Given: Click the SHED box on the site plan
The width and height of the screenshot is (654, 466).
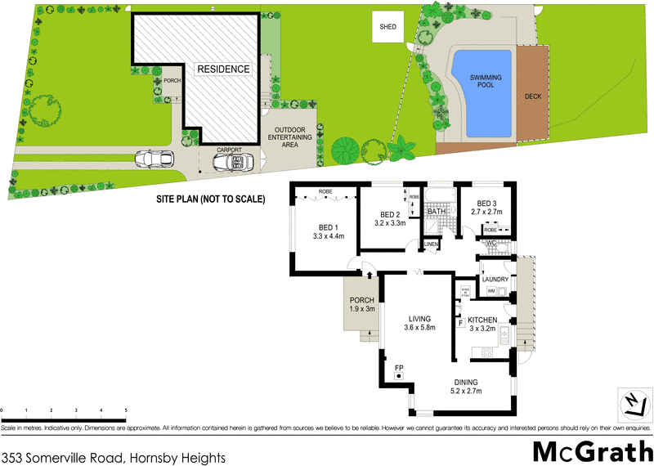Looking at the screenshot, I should pos(388,27).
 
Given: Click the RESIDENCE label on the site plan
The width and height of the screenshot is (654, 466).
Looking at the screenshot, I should pos(222,69).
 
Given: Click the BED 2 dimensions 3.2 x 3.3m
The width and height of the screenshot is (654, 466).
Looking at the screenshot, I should pos(389,222).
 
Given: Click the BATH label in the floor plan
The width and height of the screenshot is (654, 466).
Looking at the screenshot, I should pos(436,212).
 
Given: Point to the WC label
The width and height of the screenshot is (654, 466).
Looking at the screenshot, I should pos(492,243).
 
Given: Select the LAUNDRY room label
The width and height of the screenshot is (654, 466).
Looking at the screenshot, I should pos(495,280).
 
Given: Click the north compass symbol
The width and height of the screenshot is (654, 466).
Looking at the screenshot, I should pos(631,402).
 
